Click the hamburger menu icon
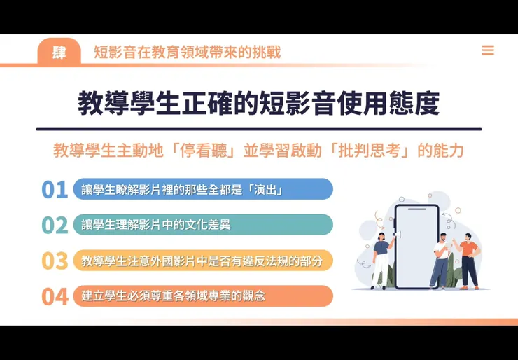(x=488, y=50)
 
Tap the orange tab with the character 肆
(x=59, y=52)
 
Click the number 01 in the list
(x=55, y=189)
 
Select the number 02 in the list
(x=55, y=225)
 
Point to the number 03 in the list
(x=55, y=261)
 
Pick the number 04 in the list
(x=55, y=296)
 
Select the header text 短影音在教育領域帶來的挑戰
(x=187, y=53)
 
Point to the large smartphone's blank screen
(x=416, y=245)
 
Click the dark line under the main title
(x=259, y=129)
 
